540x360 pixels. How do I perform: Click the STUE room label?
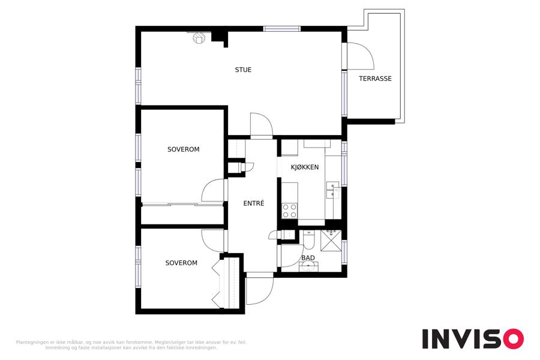coord(243,70)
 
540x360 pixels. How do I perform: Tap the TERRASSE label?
coord(375,79)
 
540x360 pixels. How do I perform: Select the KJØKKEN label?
coord(305,167)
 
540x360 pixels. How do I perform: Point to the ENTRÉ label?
coord(254,203)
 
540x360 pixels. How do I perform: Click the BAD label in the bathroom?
coord(308,257)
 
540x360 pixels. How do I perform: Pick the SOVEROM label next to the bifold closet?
coord(181,263)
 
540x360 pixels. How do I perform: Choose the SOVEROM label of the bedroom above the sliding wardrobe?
coord(183,149)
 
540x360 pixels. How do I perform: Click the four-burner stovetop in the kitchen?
coord(290,211)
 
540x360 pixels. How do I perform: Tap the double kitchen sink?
coord(332,190)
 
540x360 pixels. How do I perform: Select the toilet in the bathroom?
coord(308,240)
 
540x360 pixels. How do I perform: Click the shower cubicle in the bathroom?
coord(331,241)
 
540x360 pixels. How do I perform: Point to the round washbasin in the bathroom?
coord(308,266)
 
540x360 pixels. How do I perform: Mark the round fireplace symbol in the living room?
coord(198,38)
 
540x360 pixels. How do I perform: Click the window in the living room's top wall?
coord(282,29)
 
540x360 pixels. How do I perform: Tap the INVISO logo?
coord(473,338)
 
